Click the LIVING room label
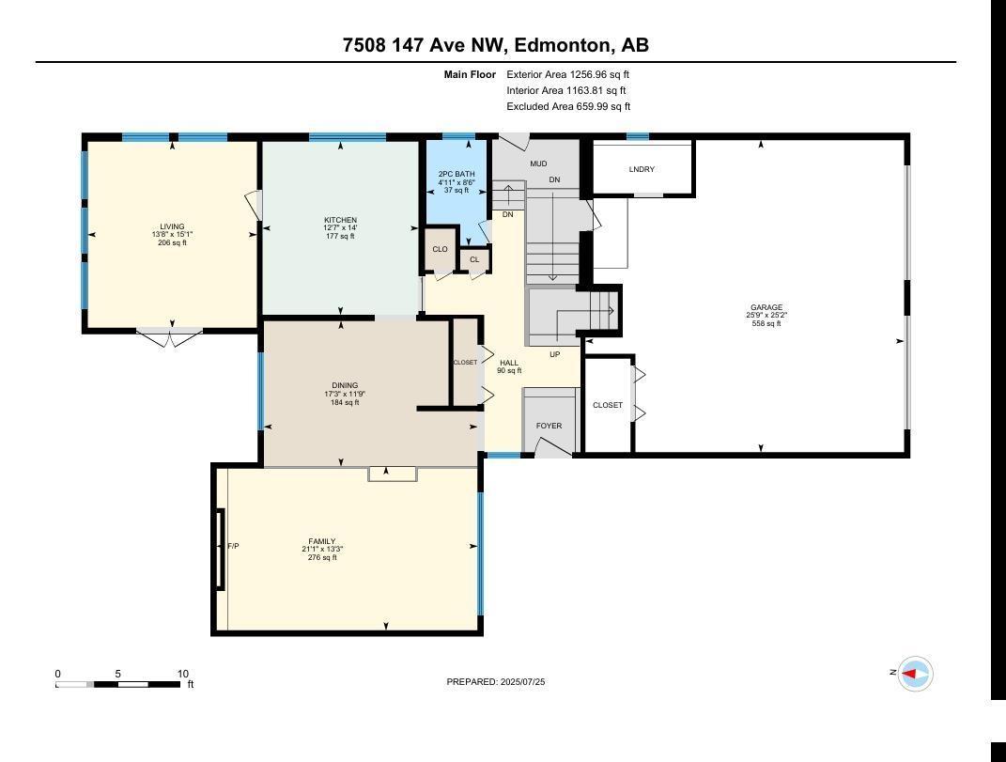pyautogui.click(x=172, y=226)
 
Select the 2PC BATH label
pyautogui.click(x=457, y=174)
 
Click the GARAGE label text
pyautogui.click(x=766, y=307)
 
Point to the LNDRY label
pyautogui.click(x=642, y=169)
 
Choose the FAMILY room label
pyautogui.click(x=322, y=541)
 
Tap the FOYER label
pyautogui.click(x=549, y=426)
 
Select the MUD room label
pyautogui.click(x=538, y=163)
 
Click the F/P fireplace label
pyautogui.click(x=233, y=546)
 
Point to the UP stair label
pyautogui.click(x=555, y=354)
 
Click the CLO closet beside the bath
pyautogui.click(x=440, y=250)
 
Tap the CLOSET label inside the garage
pyautogui.click(x=608, y=405)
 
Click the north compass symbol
pyautogui.click(x=914, y=674)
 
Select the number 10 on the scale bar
pyautogui.click(x=183, y=674)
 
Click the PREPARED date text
pyautogui.click(x=495, y=682)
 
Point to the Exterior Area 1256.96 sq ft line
pyautogui.click(x=568, y=74)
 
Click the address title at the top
pyautogui.click(x=495, y=45)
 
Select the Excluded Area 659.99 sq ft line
pyautogui.click(x=568, y=106)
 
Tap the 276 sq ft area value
pyautogui.click(x=322, y=557)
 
